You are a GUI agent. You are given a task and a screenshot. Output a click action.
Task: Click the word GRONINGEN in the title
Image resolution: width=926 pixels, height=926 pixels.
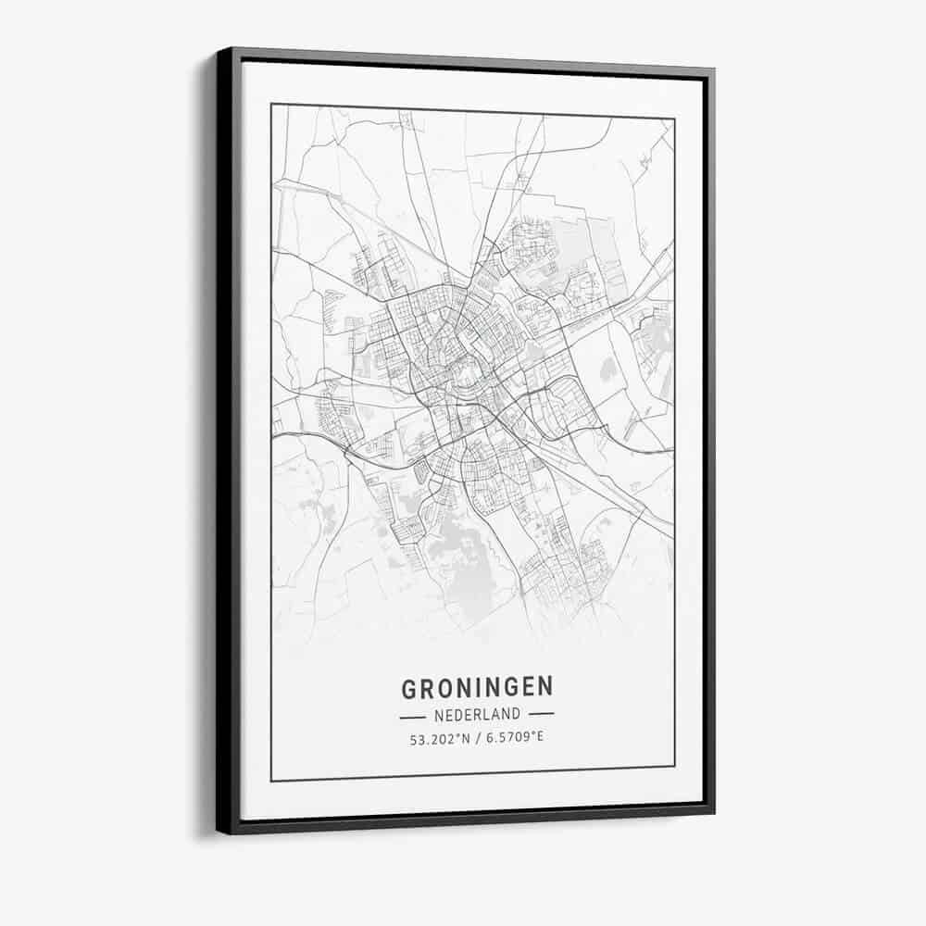click(x=477, y=687)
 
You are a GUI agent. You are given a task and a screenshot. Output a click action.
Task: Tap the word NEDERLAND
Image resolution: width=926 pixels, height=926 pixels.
click(x=477, y=715)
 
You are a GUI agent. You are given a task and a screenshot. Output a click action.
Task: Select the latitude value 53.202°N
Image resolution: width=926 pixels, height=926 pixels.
click(x=439, y=739)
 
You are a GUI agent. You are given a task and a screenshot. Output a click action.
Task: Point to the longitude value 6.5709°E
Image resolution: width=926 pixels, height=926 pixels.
click(x=510, y=739)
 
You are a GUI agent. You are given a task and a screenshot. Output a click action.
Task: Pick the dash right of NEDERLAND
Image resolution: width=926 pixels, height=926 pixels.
click(x=541, y=714)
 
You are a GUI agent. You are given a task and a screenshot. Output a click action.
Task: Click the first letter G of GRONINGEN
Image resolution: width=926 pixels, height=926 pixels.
click(x=408, y=689)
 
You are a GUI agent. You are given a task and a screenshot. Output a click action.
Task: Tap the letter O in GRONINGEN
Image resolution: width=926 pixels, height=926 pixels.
click(x=443, y=688)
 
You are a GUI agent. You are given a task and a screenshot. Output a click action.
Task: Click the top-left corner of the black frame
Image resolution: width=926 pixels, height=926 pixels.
click(x=219, y=50)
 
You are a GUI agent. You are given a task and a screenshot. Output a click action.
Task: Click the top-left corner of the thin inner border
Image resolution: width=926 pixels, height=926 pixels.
click(x=271, y=105)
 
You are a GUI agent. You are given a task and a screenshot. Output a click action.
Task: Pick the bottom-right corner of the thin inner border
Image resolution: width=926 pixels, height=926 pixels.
click(x=674, y=766)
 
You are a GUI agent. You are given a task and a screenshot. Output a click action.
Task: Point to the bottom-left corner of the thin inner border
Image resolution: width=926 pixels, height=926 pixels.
click(x=271, y=781)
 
